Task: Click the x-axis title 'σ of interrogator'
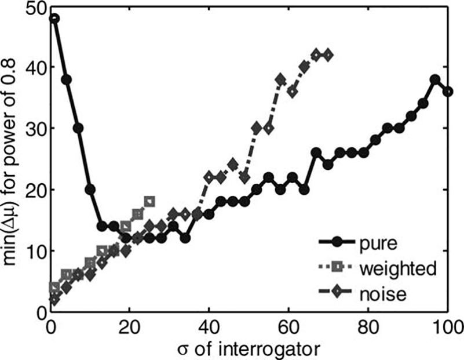tap(250, 348)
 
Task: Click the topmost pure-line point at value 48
tap(54, 18)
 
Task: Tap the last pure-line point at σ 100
tap(447, 92)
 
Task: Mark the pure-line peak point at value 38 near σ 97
tap(435, 79)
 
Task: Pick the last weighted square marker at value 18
tap(149, 202)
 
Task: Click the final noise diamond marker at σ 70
tap(328, 55)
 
